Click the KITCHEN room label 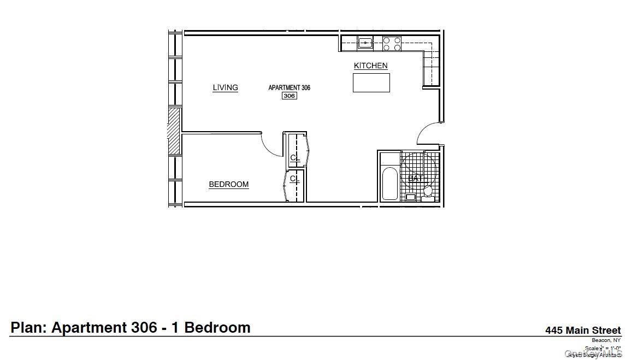(371, 66)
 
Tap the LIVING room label (225, 87)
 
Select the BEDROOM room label (228, 185)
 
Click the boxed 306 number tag (289, 96)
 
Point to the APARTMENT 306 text (289, 87)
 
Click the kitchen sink (365, 42)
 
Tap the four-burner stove (392, 44)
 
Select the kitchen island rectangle (371, 82)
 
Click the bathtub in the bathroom (389, 183)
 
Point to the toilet (428, 191)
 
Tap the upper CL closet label (294, 158)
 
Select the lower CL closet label (294, 179)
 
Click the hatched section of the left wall (174, 131)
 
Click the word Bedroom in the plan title (217, 328)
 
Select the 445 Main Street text (583, 330)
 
